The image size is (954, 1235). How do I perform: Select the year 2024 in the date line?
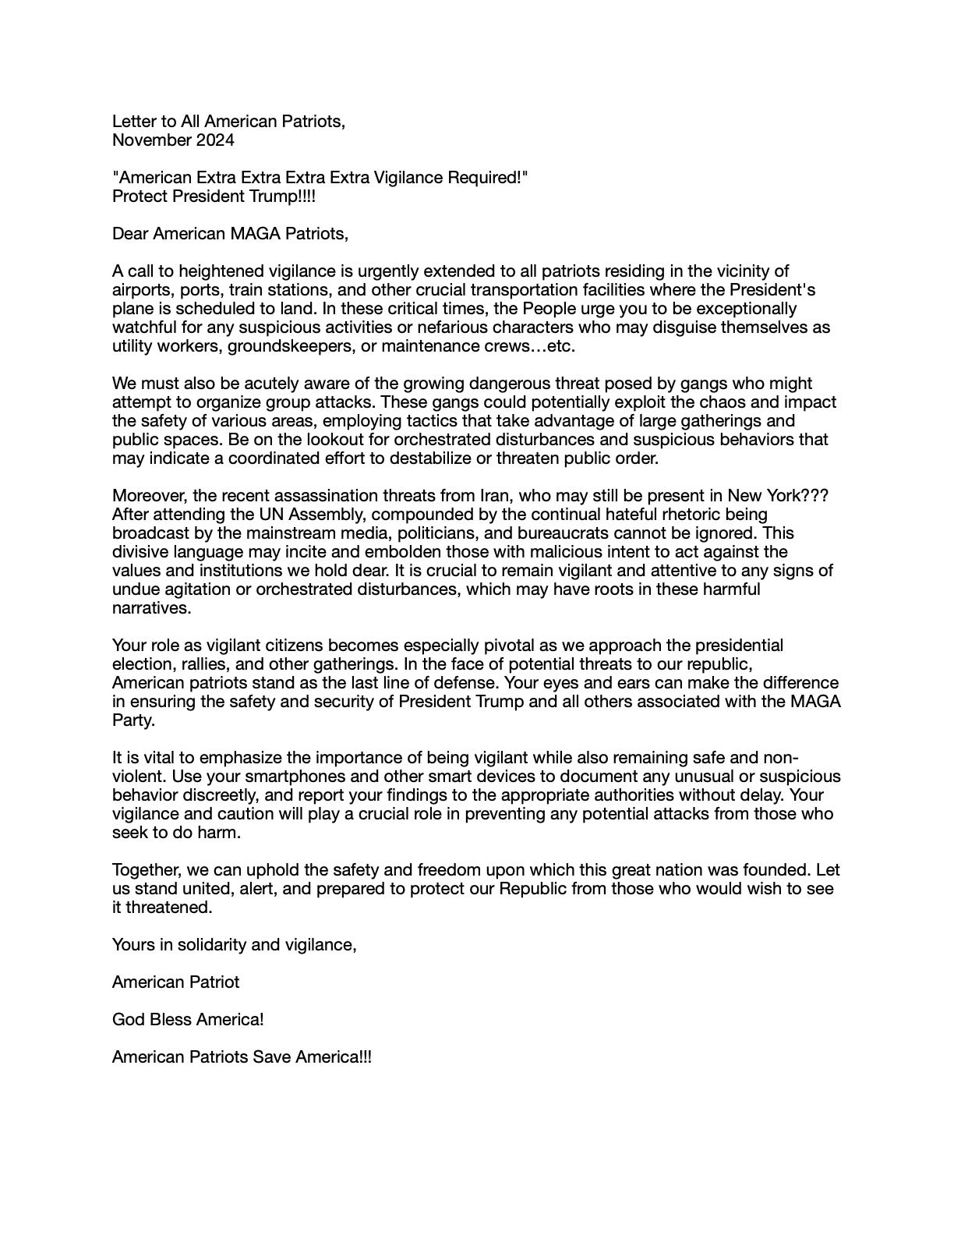(214, 140)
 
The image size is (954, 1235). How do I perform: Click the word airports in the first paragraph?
(142, 290)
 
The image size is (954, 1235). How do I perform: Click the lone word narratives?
(151, 608)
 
